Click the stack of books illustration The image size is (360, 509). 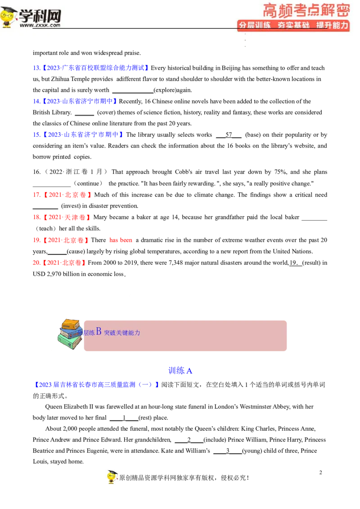point(70,334)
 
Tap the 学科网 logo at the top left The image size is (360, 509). point(31,18)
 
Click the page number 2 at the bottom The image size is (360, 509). point(321,472)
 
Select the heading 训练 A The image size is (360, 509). point(180,371)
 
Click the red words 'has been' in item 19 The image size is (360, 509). point(121,240)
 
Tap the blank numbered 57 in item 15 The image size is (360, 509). point(229,135)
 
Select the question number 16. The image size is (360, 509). point(36,172)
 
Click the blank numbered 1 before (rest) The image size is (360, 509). point(124,417)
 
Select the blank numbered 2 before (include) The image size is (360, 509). point(189,440)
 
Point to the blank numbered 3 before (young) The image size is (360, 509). point(228,451)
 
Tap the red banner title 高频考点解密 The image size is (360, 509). point(306,10)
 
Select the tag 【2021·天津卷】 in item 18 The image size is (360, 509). point(67,217)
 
